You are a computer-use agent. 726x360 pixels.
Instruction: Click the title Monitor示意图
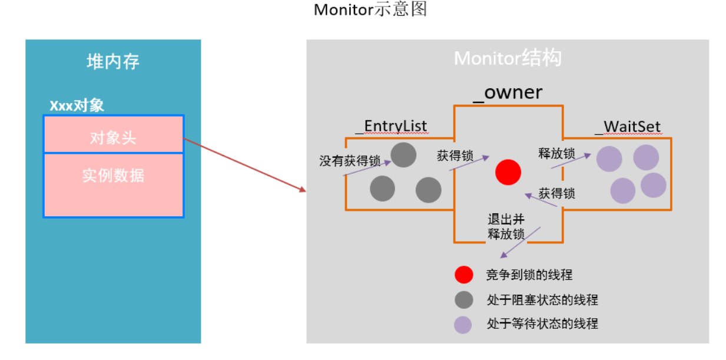tap(370, 10)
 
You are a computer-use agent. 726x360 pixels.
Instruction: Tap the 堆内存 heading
tap(112, 62)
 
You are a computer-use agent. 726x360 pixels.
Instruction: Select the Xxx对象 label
tap(77, 105)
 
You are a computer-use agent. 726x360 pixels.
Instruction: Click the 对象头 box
tap(113, 137)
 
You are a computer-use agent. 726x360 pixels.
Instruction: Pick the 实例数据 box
tap(113, 176)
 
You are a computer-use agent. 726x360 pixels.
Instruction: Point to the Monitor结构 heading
tap(508, 58)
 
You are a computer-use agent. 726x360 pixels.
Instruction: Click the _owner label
tap(508, 93)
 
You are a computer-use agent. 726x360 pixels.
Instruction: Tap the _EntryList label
tap(391, 127)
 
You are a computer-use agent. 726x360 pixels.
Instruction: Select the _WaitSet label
tap(628, 127)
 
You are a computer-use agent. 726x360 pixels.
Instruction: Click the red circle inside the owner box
tap(508, 173)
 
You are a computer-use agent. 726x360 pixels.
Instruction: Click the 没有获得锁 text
tap(350, 160)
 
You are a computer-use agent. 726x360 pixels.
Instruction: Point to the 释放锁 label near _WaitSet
tap(556, 154)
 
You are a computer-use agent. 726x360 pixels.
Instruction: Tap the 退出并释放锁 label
tap(506, 226)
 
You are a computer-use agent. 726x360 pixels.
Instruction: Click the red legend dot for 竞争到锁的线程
tap(463, 275)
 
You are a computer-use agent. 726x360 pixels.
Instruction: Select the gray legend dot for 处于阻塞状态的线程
tap(463, 300)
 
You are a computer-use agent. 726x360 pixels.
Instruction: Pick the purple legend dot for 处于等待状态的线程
tap(463, 324)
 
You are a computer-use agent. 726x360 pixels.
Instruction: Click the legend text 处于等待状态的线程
tap(542, 324)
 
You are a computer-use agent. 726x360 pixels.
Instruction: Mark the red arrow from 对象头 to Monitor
tap(244, 165)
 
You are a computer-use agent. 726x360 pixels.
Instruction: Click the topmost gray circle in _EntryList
tap(404, 155)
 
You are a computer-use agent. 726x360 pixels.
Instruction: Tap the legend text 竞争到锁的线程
tap(529, 275)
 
